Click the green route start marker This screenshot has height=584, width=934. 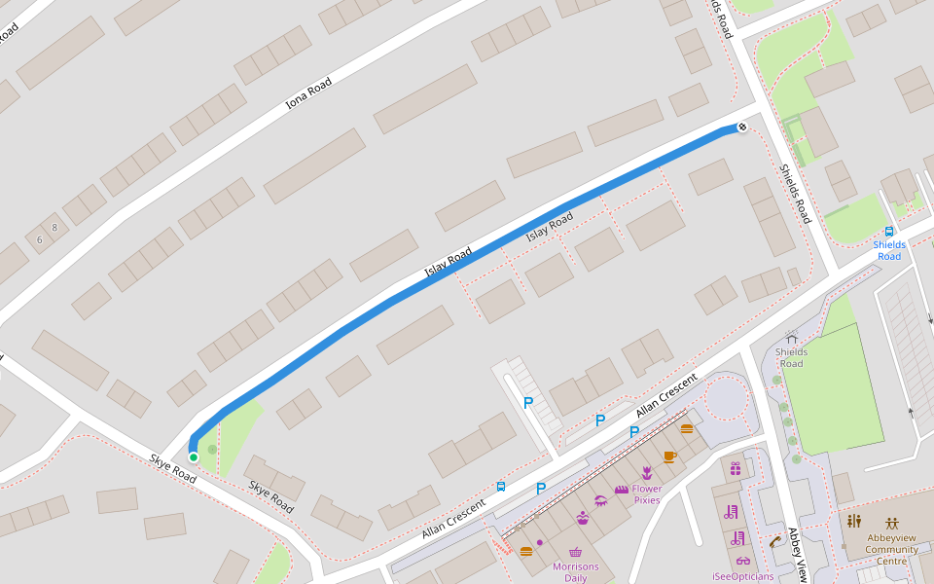194,456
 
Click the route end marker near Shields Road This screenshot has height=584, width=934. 742,128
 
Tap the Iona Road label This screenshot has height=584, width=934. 308,92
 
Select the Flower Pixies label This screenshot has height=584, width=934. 647,494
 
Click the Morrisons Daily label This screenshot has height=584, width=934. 576,571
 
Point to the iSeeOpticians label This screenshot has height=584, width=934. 742,576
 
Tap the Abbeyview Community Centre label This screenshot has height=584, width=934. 891,549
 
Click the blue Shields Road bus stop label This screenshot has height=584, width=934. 889,250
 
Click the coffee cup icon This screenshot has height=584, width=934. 669,456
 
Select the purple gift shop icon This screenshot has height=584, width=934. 736,469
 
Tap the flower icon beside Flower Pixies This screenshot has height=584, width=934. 646,473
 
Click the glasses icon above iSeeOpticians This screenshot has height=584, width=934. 743,561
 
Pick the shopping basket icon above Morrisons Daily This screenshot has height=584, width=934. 576,552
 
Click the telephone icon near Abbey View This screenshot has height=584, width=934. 774,541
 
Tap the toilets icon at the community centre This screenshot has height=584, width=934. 854,522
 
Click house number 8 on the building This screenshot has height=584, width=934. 54,228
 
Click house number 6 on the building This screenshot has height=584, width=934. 40,239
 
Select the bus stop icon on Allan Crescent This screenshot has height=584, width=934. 501,486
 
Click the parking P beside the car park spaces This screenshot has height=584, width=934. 529,402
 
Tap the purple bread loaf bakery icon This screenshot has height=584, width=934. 622,490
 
